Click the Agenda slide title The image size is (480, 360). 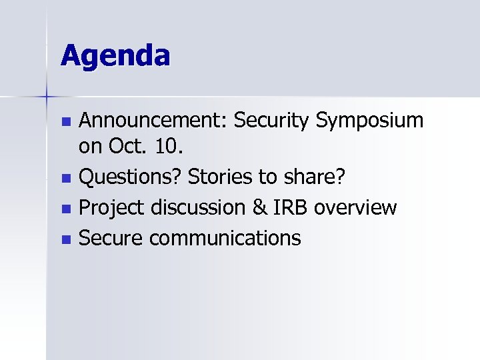coord(115,55)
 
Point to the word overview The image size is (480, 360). coord(356,208)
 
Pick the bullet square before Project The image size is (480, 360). coord(65,209)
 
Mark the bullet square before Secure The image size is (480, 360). coord(65,239)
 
